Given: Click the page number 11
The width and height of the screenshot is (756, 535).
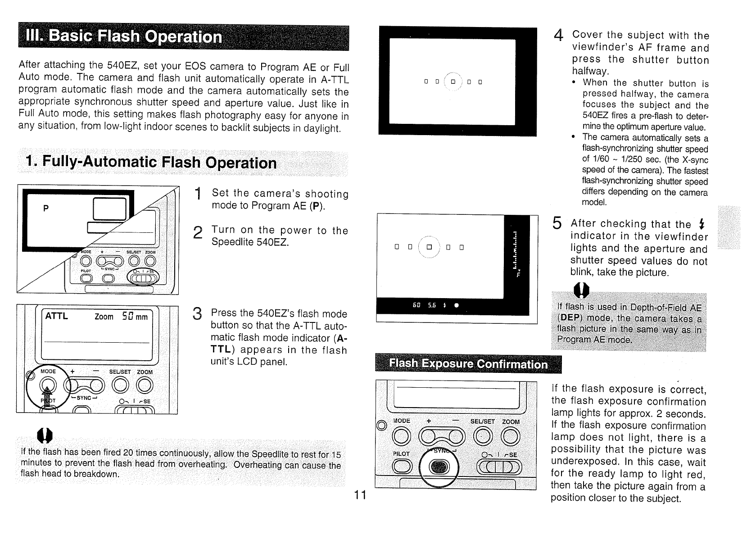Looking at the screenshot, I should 360,495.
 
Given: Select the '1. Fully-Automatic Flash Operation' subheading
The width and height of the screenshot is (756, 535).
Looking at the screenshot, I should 151,162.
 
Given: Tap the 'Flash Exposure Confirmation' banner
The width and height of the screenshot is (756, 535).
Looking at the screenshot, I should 468,364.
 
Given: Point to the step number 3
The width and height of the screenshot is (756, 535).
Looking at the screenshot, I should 196,313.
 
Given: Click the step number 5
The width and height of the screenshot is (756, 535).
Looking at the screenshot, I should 557,222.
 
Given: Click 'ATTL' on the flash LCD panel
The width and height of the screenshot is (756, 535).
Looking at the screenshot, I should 56,316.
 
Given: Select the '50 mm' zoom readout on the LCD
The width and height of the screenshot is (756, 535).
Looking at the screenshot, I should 135,317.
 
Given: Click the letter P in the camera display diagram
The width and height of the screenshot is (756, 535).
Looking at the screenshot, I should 45,209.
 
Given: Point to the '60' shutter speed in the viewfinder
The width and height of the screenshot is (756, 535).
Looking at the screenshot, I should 416,305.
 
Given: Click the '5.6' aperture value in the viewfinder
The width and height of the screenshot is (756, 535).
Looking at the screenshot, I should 431,305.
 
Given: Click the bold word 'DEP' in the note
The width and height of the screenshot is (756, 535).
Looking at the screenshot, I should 569,318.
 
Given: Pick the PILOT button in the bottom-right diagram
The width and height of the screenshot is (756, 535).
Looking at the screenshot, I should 401,468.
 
